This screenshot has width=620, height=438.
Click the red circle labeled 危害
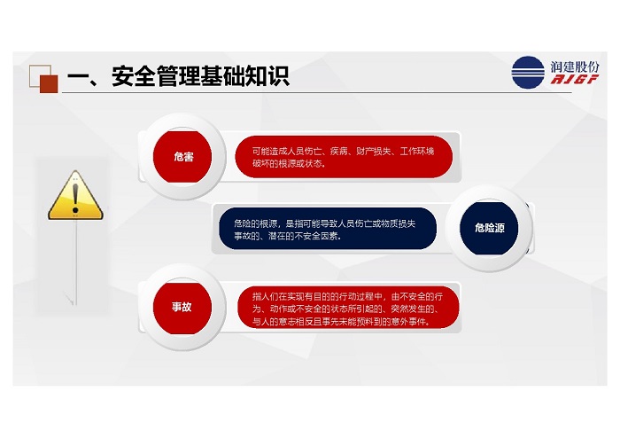(x=182, y=157)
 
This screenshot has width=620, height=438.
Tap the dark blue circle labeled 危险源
(x=489, y=228)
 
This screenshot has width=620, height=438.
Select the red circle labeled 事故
(x=182, y=307)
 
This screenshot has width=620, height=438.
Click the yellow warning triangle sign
(x=75, y=195)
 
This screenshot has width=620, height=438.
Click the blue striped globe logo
(x=528, y=73)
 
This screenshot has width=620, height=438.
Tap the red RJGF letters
(x=575, y=79)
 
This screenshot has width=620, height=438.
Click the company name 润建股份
(x=575, y=66)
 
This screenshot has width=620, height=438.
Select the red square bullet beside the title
(x=49, y=84)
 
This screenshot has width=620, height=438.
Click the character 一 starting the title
(x=77, y=76)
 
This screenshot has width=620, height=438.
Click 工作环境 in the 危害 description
(x=417, y=151)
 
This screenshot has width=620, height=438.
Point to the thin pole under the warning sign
(x=76, y=262)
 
